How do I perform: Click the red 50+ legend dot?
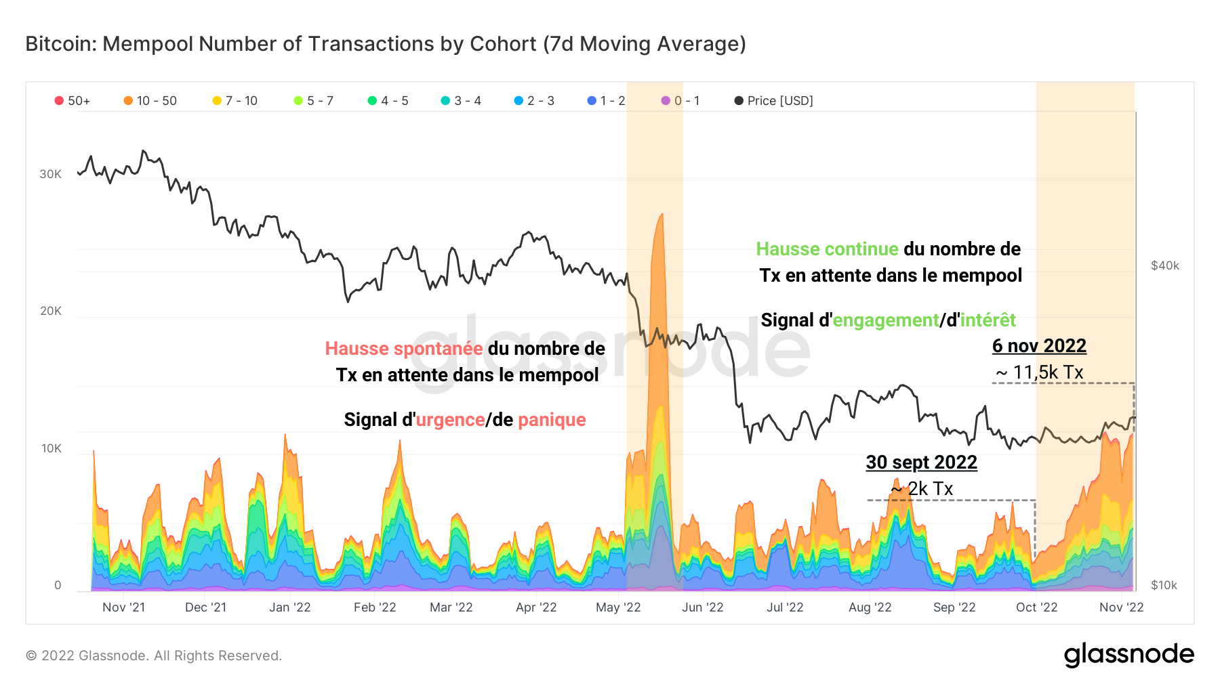[59, 101]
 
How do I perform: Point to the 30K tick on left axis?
[50, 174]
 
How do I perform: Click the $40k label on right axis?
[1164, 265]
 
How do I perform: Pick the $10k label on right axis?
[1164, 585]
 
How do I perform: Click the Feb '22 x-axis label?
[375, 607]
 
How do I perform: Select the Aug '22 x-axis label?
[870, 607]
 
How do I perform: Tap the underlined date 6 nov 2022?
[1039, 346]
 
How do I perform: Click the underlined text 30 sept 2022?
[921, 463]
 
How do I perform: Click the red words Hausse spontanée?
[404, 349]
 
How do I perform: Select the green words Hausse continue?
[827, 249]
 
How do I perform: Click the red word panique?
[552, 420]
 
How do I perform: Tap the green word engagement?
[885, 320]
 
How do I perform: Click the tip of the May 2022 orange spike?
[661, 215]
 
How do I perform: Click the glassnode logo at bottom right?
[1128, 655]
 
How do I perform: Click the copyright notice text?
[154, 656]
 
